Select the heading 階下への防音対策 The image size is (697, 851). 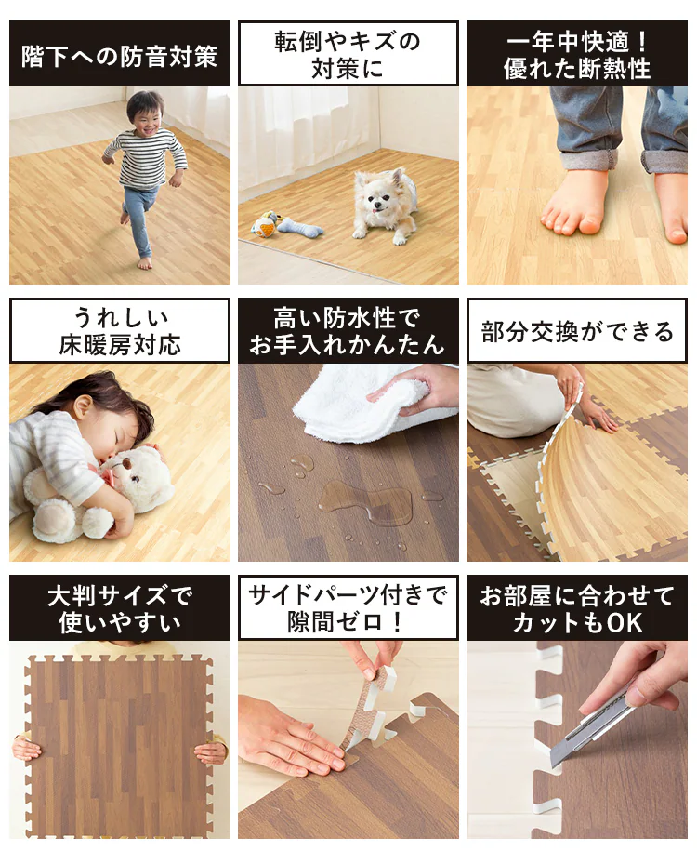pos(119,57)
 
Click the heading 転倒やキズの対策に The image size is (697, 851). pos(348,54)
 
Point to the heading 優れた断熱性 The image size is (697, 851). pos(577,69)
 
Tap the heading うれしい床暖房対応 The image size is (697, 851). pos(120,331)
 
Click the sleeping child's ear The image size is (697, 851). pos(83,406)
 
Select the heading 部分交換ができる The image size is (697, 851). pos(577,332)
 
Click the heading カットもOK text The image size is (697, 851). pos(577,622)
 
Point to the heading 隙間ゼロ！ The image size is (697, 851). pos(348,622)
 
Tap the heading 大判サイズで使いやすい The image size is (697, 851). pos(120,608)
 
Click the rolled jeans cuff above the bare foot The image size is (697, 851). pos(588,161)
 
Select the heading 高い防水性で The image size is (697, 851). pos(348,319)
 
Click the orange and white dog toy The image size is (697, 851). pos(265,225)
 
